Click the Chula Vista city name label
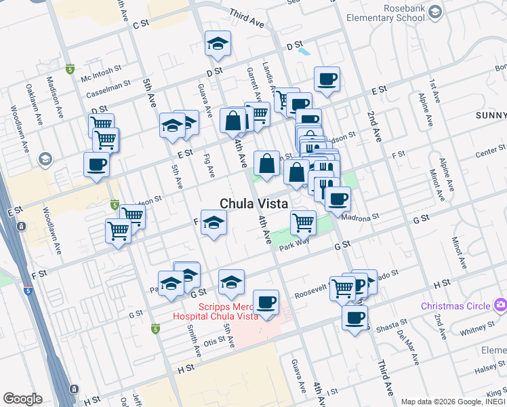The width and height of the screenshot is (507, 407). (254, 203)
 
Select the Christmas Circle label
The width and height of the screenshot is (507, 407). (455, 306)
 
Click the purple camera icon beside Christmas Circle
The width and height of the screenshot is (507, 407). (500, 305)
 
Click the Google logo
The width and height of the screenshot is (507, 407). (22, 399)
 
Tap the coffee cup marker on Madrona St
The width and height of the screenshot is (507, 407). (338, 199)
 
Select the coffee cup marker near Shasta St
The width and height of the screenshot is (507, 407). (354, 317)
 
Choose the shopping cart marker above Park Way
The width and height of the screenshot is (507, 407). (303, 221)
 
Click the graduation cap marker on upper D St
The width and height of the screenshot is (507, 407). (218, 44)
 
